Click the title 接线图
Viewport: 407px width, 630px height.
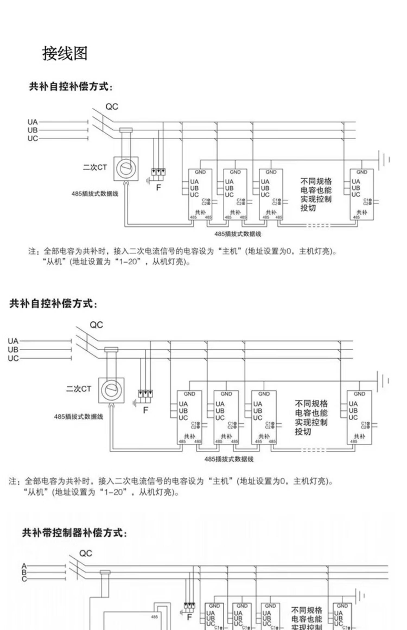click(x=65, y=53)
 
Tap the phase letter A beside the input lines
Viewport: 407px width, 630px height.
click(x=24, y=566)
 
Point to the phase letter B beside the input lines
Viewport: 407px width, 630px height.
click(x=24, y=572)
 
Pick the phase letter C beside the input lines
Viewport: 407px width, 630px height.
click(x=24, y=579)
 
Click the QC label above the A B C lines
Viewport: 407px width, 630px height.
click(x=85, y=553)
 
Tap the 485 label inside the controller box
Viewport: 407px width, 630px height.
click(x=154, y=617)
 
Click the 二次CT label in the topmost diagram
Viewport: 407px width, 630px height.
click(x=95, y=167)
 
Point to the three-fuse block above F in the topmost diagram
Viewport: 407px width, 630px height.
click(x=158, y=172)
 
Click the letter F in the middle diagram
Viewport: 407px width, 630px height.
click(x=146, y=410)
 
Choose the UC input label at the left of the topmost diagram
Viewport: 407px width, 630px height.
click(x=33, y=139)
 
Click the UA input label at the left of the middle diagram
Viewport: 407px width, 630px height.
click(x=13, y=341)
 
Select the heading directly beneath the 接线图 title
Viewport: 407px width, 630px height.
click(x=70, y=87)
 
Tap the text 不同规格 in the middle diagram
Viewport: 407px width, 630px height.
click(x=311, y=403)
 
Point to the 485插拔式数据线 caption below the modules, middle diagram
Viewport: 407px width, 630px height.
click(x=229, y=459)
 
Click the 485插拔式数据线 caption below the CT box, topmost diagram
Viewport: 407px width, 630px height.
click(x=95, y=194)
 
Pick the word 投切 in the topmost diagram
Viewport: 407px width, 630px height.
click(x=308, y=208)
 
